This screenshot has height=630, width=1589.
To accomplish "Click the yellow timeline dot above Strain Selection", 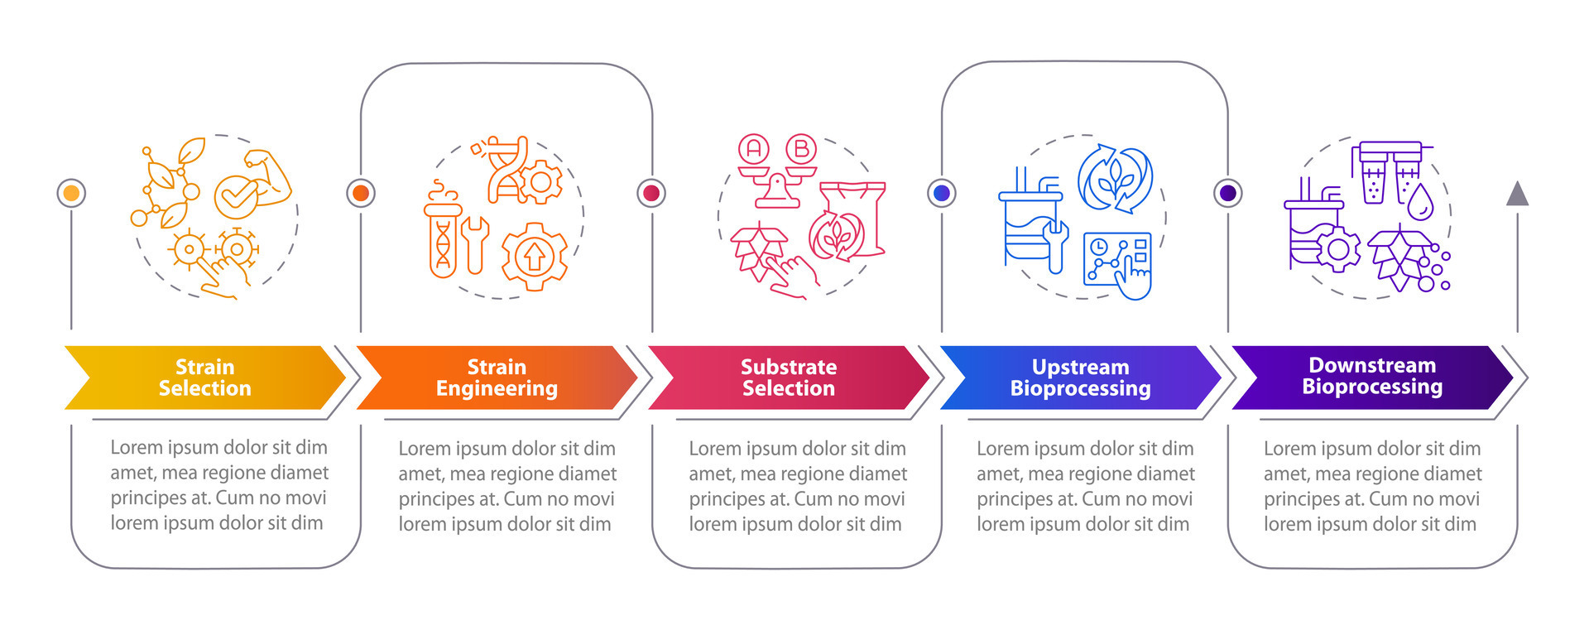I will [x=71, y=193].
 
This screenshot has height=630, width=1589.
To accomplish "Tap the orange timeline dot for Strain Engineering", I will [x=361, y=193].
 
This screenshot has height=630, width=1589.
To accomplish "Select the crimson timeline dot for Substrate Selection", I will [x=651, y=193].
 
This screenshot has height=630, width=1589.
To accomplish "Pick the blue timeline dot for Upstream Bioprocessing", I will [x=942, y=193].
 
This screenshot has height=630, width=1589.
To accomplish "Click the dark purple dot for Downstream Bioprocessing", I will [x=1228, y=193].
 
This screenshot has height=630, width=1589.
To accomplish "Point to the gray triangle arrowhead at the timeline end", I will [x=1517, y=195].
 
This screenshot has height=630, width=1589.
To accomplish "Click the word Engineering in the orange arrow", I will [x=497, y=388].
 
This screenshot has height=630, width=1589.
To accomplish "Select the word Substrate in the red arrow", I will [x=788, y=367].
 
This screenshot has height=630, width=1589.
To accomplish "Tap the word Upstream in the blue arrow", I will [x=1080, y=367].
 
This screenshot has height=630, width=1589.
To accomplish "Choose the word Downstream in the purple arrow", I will [x=1371, y=365].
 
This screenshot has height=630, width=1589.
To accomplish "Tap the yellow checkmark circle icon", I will [x=236, y=197].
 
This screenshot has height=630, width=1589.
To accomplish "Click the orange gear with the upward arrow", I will [x=535, y=256].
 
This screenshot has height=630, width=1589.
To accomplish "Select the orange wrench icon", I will [x=474, y=243].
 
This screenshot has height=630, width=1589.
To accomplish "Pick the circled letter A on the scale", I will [x=754, y=149].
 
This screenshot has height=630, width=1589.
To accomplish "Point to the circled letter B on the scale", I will [x=800, y=149].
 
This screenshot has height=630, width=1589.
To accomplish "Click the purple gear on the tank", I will [x=1337, y=248].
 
